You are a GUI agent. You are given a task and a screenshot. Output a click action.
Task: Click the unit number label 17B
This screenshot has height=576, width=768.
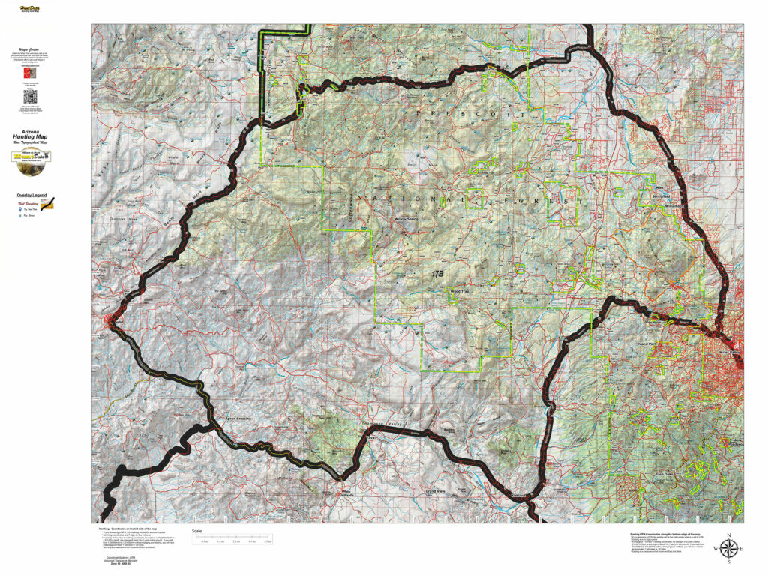click(437, 274)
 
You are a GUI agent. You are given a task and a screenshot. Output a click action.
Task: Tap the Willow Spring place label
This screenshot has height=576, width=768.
click(406, 220)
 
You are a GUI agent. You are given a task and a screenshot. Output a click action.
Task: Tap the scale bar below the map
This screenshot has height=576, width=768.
click(232, 538)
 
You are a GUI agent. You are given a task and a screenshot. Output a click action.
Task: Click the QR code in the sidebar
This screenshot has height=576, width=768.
click(30, 97)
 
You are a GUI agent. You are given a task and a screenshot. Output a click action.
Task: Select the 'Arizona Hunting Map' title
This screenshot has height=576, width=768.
click(30, 138)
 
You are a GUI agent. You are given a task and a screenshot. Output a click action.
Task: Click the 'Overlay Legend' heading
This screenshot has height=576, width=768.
click(30, 195)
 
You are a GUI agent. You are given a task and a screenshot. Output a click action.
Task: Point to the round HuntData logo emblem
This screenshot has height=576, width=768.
click(30, 157)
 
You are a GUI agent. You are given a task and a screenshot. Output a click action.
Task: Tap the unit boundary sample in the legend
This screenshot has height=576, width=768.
click(49, 204)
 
